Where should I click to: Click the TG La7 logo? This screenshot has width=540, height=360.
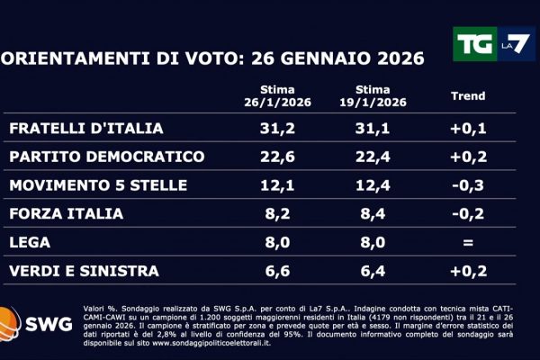pos(492,44)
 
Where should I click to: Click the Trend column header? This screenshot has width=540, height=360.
pos(466,96)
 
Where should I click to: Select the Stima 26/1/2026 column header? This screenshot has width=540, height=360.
pos(276,96)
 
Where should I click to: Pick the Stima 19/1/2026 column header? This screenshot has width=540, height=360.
pos(373,96)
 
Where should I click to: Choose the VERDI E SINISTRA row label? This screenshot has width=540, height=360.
pos(84,271)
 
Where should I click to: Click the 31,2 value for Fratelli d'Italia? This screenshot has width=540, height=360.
pos(276,128)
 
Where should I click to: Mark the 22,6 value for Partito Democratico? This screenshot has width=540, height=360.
pos(276,157)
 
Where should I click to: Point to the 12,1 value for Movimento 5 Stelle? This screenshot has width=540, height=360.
pos(276,185)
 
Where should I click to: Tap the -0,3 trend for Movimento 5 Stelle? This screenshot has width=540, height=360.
pos(467,185)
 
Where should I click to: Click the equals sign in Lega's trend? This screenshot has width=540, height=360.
pos(467,242)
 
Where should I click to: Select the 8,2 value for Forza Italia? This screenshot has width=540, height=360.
pos(276,214)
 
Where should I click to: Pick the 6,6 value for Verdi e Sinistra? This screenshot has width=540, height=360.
pos(276,271)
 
